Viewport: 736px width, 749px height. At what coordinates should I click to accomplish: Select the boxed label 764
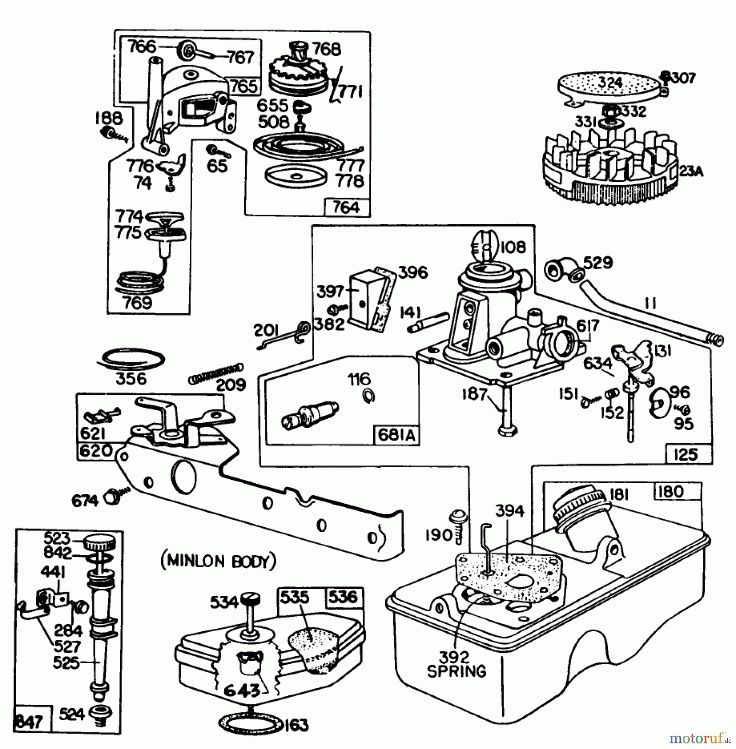347,207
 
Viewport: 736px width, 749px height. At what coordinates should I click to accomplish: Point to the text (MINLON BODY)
218,561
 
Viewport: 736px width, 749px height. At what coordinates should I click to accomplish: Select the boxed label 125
685,454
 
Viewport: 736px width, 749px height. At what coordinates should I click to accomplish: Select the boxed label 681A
396,435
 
